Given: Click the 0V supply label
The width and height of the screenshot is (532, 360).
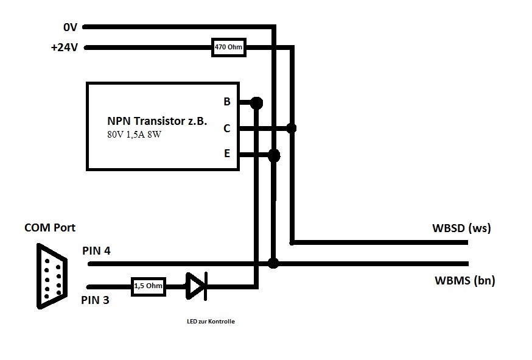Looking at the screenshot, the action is pyautogui.click(x=70, y=27).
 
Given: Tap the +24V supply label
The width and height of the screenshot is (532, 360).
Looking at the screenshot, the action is pyautogui.click(x=65, y=47).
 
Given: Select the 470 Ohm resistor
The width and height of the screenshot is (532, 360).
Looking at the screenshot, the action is pyautogui.click(x=229, y=47).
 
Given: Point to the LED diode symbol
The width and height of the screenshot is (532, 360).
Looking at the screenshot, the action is pyautogui.click(x=197, y=286).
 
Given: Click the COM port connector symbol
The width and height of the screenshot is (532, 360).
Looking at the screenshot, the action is pyautogui.click(x=52, y=276).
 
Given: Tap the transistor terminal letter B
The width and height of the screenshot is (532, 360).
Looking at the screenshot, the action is pyautogui.click(x=227, y=102).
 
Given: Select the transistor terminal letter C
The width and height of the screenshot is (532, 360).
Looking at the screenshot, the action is pyautogui.click(x=227, y=129).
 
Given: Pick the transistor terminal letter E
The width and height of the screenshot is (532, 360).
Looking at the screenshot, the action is pyautogui.click(x=227, y=154).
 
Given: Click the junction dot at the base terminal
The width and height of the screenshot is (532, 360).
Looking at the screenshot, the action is pyautogui.click(x=256, y=102).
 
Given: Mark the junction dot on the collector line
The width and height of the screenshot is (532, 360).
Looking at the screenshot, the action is pyautogui.click(x=292, y=128).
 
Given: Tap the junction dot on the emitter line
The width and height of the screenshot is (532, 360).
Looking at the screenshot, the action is pyautogui.click(x=274, y=155).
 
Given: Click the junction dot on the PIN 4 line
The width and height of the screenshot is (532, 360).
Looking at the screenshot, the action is pyautogui.click(x=273, y=263).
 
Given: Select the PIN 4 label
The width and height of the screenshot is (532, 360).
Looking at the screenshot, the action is pyautogui.click(x=96, y=250).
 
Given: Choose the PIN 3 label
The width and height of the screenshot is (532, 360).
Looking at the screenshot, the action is pyautogui.click(x=95, y=300).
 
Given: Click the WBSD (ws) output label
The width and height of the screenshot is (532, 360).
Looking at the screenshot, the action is pyautogui.click(x=461, y=228).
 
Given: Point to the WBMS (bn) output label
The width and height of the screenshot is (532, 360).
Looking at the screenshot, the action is pyautogui.click(x=465, y=281).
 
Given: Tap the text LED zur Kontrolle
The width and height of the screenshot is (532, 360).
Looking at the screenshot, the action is pyautogui.click(x=211, y=321).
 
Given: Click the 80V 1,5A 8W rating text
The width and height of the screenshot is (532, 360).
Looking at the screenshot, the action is pyautogui.click(x=135, y=135).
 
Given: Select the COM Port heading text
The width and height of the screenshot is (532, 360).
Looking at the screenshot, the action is pyautogui.click(x=50, y=228).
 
